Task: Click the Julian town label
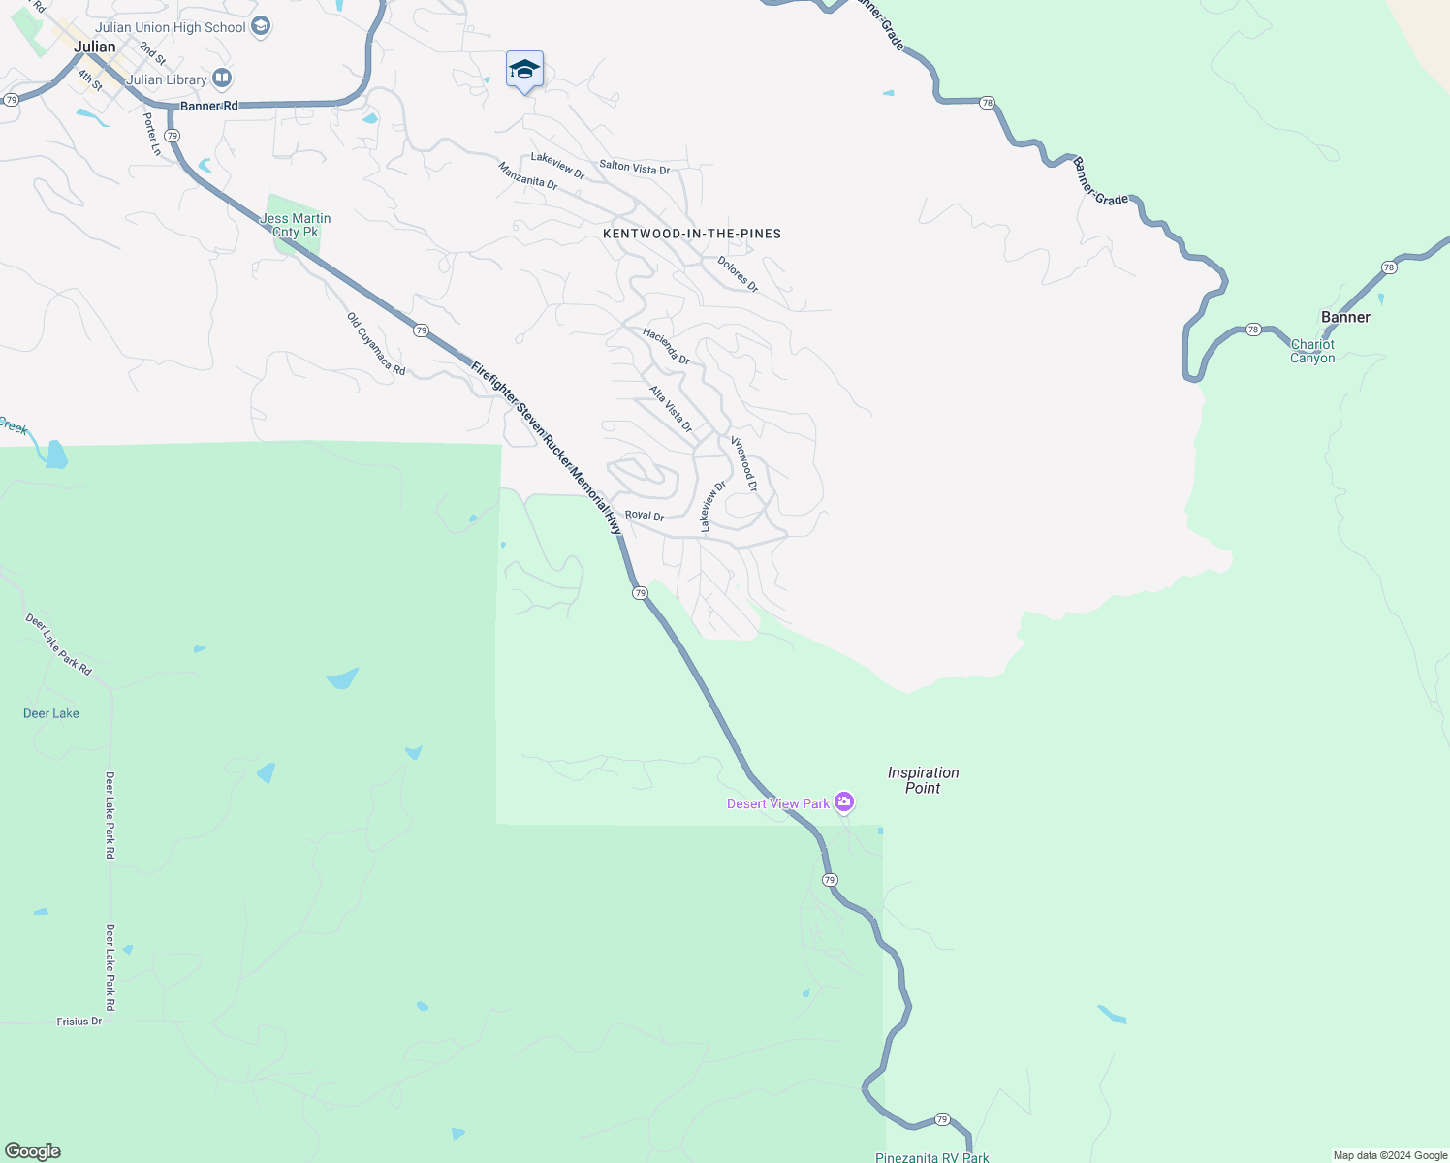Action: [95, 47]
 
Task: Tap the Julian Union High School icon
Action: [261, 26]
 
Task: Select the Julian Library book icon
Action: [222, 78]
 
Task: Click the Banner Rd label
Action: [208, 106]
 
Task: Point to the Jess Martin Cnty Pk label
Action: [296, 225]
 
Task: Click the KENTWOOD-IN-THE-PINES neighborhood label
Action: [692, 234]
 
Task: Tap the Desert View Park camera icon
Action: [844, 802]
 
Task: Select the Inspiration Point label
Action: [923, 780]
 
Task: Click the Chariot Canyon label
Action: [1312, 351]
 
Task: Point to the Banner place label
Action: [1345, 317]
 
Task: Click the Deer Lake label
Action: [51, 713]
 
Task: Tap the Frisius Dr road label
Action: [79, 1022]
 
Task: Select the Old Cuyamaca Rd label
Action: [376, 344]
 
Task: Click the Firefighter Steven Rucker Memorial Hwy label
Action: [547, 448]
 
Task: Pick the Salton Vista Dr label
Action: [634, 167]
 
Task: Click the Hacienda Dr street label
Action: [666, 346]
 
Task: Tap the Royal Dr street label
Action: [645, 516]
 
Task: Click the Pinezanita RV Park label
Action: [931, 1157]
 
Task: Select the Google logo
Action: [32, 1150]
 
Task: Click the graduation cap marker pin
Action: [524, 70]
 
